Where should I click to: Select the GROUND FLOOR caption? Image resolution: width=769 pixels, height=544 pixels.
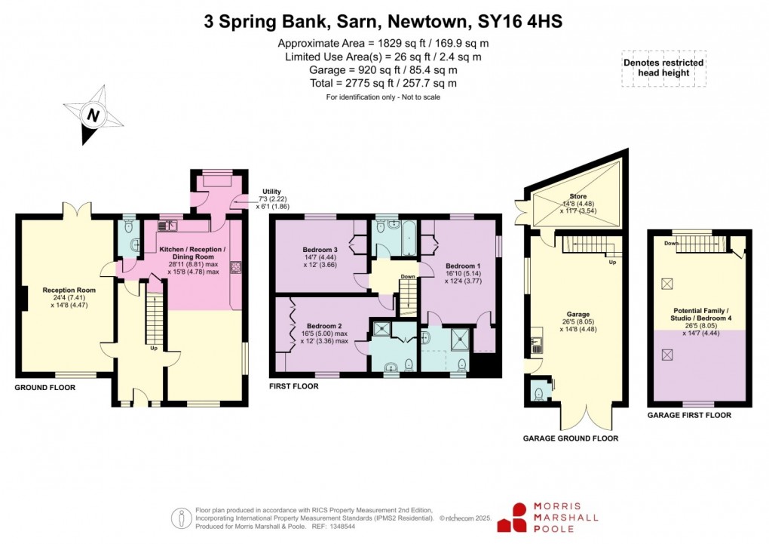coord(44,387)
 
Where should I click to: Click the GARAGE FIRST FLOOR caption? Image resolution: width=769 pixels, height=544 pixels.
coord(689,415)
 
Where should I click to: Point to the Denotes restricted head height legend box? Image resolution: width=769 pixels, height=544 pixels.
coord(663,69)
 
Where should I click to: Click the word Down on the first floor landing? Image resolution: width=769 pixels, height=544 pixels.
coord(408,277)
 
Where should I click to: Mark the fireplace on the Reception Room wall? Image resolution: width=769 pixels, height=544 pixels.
coord(24,299)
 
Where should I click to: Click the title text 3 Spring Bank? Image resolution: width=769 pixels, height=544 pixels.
coord(258,22)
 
